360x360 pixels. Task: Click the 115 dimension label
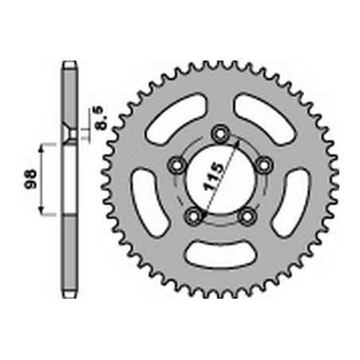pos(213,176)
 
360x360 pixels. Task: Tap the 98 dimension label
pos(31,179)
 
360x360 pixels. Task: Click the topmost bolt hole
pos(220,134)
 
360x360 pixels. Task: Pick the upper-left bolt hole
pos(177,165)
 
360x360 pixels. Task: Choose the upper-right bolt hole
pos(264,165)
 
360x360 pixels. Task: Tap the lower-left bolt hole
pos(194,217)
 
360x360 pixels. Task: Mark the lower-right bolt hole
pos(248,217)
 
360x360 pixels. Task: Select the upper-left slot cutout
pos(176,117)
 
